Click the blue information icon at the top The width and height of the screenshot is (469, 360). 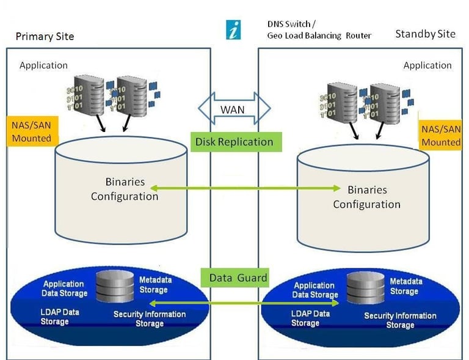233,29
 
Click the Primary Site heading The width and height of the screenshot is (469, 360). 45,36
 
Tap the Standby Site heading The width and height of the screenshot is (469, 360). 425,34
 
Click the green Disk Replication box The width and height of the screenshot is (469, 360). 234,142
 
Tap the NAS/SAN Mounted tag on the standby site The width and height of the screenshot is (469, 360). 441,136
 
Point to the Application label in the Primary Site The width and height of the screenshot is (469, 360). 43,65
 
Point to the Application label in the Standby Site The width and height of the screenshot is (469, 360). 427,65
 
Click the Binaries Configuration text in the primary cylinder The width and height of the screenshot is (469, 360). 125,189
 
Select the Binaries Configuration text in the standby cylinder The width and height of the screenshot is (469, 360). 366,197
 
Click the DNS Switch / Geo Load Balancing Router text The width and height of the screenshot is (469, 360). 319,30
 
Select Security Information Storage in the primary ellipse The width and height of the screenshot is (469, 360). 150,318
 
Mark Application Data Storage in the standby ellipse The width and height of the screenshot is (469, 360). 314,290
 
